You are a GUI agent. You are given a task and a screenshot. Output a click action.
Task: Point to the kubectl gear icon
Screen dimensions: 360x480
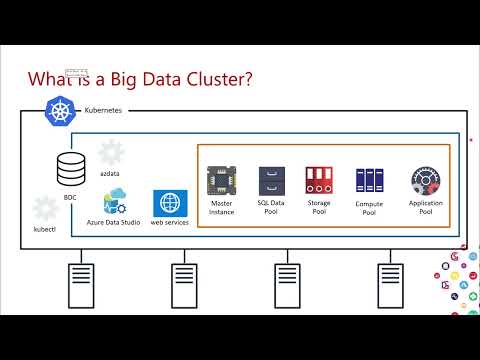tap(45, 209)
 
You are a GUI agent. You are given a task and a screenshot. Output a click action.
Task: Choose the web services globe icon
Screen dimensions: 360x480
tap(169, 202)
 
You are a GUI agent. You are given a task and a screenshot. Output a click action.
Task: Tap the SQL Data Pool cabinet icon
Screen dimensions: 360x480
tap(272, 181)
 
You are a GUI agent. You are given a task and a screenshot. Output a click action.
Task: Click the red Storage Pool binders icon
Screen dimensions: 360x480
tap(318, 181)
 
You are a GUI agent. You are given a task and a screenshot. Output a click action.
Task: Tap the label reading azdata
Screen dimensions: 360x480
tap(110, 173)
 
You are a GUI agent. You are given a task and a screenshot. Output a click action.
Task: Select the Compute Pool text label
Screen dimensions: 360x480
tap(369, 208)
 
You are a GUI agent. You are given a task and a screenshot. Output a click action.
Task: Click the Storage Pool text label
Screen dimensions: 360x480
tap(318, 208)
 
